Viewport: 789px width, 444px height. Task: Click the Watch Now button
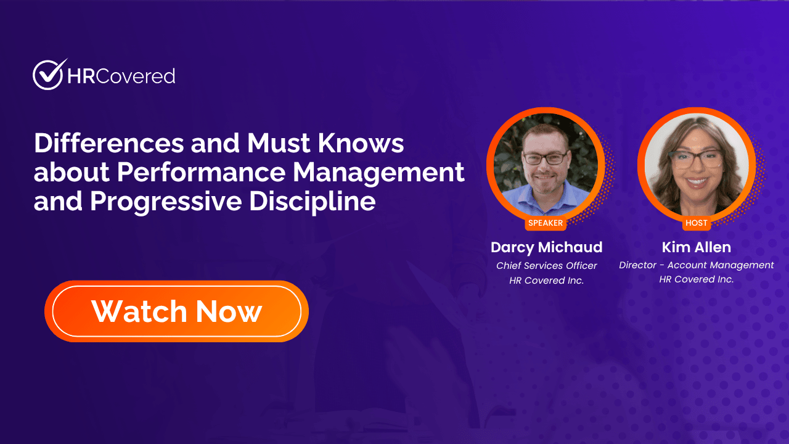(176, 311)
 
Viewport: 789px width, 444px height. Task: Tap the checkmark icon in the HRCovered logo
(49, 75)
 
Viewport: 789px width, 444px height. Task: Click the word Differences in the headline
(109, 143)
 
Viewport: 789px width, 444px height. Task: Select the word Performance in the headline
(201, 173)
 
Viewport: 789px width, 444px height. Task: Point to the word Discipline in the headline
(313, 202)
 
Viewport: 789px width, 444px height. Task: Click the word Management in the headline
(378, 173)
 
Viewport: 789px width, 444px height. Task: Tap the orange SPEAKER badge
(546, 223)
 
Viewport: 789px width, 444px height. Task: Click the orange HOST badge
(697, 223)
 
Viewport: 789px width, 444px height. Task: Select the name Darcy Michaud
(546, 247)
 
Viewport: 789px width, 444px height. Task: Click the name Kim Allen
(697, 247)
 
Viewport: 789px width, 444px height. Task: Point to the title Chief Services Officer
(546, 266)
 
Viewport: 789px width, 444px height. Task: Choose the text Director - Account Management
(697, 265)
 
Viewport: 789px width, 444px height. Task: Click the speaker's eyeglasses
(546, 158)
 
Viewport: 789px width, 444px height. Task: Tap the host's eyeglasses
(696, 157)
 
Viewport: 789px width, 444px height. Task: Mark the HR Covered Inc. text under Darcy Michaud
(546, 281)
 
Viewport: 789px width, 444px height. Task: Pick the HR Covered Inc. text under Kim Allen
(697, 279)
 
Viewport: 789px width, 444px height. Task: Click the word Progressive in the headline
(166, 202)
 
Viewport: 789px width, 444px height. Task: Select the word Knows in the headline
(361, 143)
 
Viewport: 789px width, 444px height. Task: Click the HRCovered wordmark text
(121, 76)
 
